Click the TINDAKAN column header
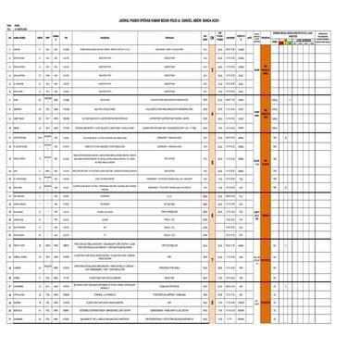coord(170,33)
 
